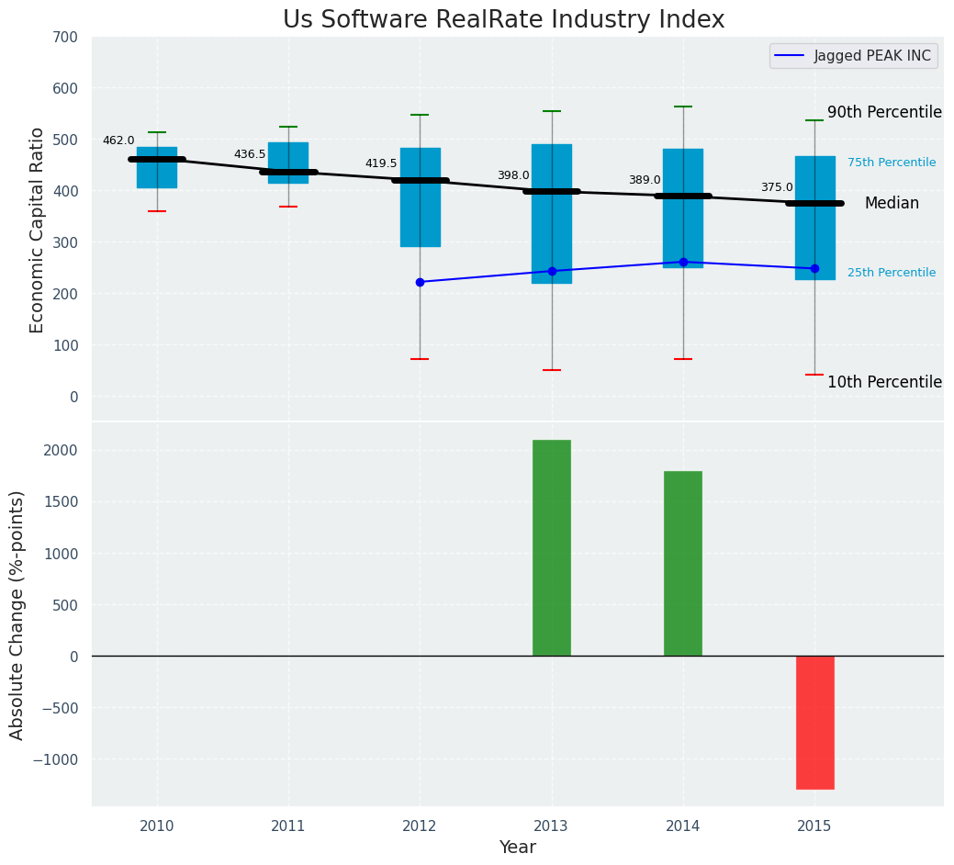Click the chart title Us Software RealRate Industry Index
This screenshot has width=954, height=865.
[503, 20]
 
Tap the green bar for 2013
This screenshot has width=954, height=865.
[551, 547]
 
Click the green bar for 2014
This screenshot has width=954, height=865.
[682, 563]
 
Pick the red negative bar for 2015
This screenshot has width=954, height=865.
[814, 722]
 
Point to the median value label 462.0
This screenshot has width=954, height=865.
[118, 140]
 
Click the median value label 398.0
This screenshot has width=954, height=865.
[513, 175]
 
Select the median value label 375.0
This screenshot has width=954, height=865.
[776, 187]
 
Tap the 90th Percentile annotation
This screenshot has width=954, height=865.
[884, 112]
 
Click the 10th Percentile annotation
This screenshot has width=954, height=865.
[884, 382]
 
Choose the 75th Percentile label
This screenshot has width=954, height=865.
[891, 163]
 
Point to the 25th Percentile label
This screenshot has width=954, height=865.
[891, 273]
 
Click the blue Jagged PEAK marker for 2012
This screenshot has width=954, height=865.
[420, 282]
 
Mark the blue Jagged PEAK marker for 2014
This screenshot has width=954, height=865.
[683, 262]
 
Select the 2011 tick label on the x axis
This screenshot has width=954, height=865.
[288, 826]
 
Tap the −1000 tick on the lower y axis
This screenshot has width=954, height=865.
[56, 759]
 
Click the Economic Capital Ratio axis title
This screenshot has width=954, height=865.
[38, 230]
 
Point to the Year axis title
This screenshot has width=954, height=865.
[517, 848]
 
